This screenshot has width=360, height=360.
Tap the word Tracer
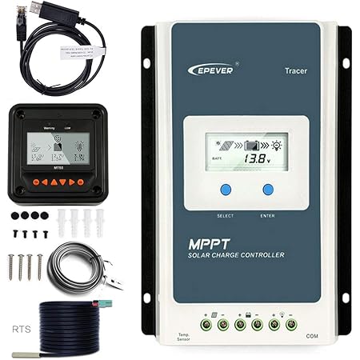(x=295, y=70)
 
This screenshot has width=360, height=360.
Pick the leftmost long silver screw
(x=12, y=266)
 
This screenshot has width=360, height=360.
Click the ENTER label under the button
(x=268, y=216)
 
